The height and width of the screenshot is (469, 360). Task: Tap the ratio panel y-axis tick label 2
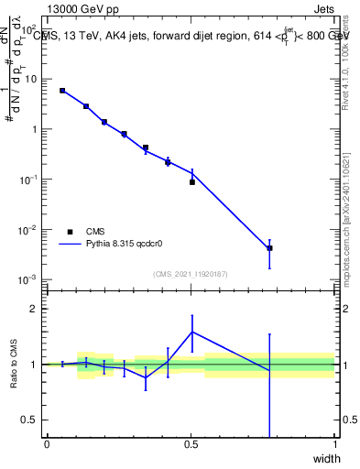[x=34, y=309]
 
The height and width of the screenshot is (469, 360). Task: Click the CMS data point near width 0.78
[x=269, y=248]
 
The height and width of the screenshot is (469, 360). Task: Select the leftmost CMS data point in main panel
[x=62, y=91]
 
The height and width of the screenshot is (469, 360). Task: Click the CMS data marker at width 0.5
[x=192, y=182]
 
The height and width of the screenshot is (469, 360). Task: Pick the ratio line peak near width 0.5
[x=192, y=332]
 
